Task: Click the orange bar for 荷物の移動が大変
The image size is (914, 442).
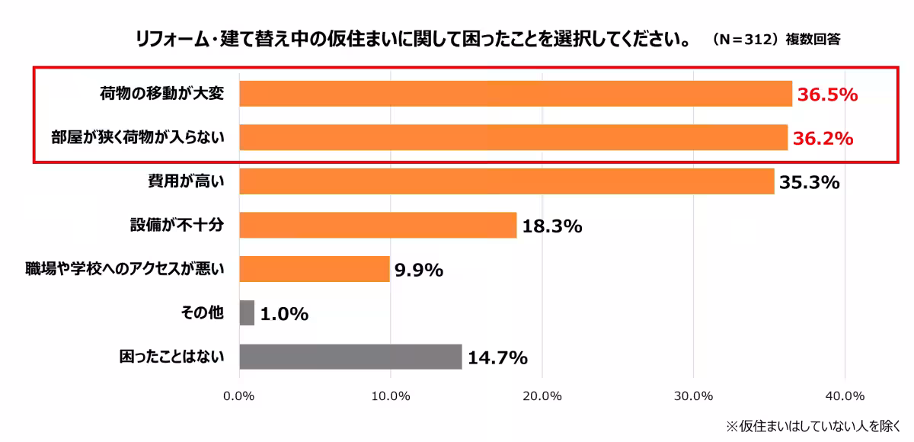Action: [x=516, y=94]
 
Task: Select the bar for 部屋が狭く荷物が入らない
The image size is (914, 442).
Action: [x=513, y=138]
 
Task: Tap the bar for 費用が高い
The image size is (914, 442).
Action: [x=507, y=182]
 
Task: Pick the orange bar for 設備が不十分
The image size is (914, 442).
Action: [x=378, y=226]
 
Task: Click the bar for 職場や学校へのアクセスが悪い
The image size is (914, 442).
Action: [x=315, y=269]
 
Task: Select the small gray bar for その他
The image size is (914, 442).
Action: [x=247, y=313]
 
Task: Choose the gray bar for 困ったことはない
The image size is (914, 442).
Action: [x=350, y=357]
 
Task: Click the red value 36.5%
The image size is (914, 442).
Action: [x=828, y=95]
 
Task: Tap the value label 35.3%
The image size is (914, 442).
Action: [x=809, y=183]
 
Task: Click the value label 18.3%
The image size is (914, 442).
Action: [x=551, y=226]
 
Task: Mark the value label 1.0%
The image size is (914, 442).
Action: [x=283, y=314]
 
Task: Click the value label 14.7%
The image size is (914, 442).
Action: [x=497, y=357]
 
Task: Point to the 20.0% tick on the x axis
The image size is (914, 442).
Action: [x=542, y=396]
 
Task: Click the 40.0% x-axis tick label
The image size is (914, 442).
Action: [x=845, y=396]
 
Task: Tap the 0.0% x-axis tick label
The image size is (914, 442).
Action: [x=240, y=396]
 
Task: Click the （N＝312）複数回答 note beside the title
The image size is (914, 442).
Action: [x=776, y=40]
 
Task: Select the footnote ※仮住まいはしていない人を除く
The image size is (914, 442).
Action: [x=813, y=425]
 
